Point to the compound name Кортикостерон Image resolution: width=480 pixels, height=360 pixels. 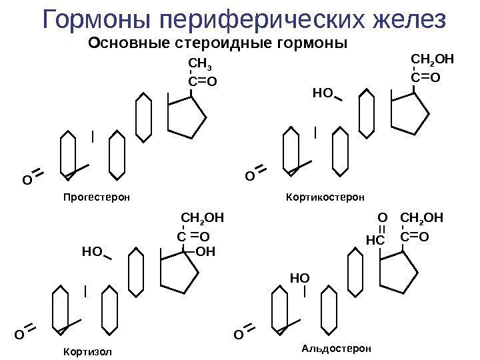325,197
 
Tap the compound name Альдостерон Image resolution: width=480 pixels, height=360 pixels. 335,348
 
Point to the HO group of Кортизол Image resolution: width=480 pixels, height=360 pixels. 91,252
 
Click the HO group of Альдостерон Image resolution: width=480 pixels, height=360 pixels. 300,275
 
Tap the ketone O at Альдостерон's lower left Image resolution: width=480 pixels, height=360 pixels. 238,333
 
